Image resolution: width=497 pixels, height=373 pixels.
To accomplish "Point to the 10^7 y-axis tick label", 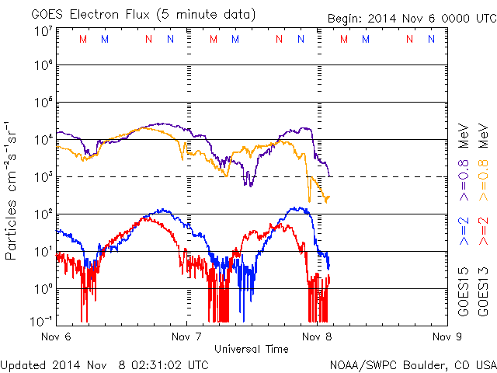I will pyautogui.click(x=43, y=30).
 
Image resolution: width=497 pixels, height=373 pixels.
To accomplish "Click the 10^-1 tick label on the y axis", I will pyautogui.click(x=43, y=320).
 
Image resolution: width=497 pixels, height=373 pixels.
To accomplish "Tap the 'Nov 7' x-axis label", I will pyautogui.click(x=186, y=337).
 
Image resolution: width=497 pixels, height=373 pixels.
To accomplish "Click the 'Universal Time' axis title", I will pyautogui.click(x=252, y=349).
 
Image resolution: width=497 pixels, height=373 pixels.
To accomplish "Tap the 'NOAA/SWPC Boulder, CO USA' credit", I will pyautogui.click(x=412, y=364).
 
